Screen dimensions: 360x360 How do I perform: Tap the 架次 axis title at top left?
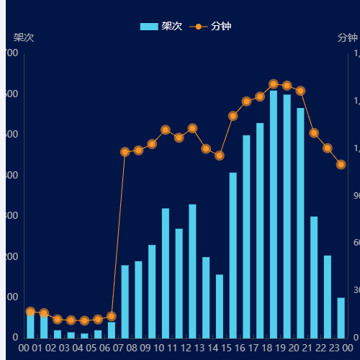[24, 37]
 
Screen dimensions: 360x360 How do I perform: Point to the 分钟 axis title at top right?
[347, 37]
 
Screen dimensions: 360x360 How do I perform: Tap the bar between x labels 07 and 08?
[125, 302]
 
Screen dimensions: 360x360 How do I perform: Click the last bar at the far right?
[341, 318]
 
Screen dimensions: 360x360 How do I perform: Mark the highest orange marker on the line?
[274, 84]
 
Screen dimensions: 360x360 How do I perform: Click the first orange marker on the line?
[30, 312]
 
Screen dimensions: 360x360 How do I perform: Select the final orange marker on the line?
[341, 165]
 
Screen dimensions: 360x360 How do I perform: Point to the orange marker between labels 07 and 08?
[125, 152]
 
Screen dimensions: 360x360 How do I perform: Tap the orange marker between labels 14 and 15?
[220, 156]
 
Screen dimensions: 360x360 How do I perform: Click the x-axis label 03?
[64, 348]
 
